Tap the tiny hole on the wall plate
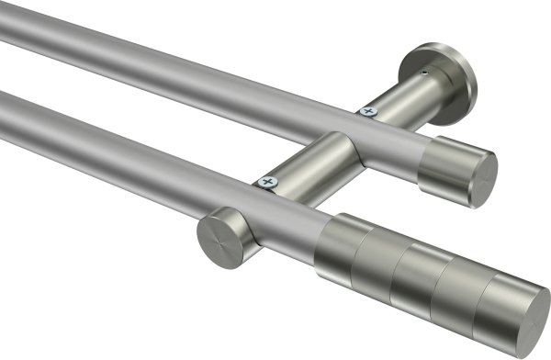coord(423,67)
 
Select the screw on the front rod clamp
coord(269,183)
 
